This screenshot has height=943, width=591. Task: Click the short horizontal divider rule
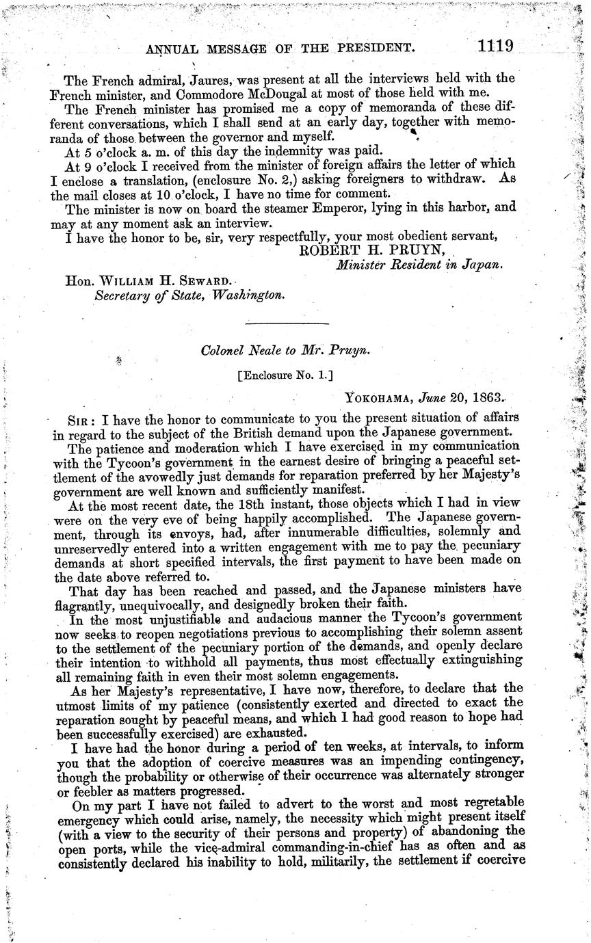click(287, 323)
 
